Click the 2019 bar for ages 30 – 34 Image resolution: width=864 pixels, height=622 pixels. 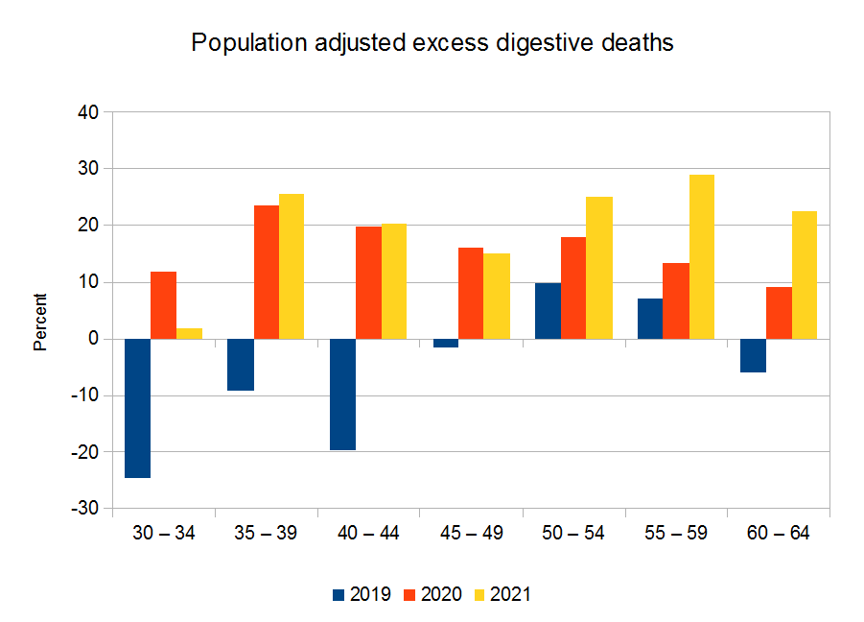pyautogui.click(x=137, y=408)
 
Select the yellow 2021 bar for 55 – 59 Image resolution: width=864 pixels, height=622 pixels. pyautogui.click(x=702, y=256)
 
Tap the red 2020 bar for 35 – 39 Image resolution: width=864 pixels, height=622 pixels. pyautogui.click(x=266, y=272)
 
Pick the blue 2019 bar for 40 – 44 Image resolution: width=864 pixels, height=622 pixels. pyautogui.click(x=342, y=395)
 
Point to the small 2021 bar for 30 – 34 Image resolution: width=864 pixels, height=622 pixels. pyautogui.click(x=189, y=333)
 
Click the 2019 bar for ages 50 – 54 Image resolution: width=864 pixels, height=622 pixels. pyautogui.click(x=548, y=311)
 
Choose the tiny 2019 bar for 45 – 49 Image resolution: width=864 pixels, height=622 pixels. pyautogui.click(x=445, y=343)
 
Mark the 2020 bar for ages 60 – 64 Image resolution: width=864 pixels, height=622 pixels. pyautogui.click(x=779, y=313)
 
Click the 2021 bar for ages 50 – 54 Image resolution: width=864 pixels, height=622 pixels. pyautogui.click(x=599, y=268)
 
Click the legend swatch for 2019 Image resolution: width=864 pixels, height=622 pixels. pyautogui.click(x=337, y=594)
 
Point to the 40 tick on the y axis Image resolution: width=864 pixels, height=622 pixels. pyautogui.click(x=88, y=112)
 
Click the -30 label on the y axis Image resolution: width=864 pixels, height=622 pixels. pyautogui.click(x=85, y=509)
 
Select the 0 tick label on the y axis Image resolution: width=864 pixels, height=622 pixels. pyautogui.click(x=94, y=339)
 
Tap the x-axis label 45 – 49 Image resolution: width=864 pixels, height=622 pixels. pyautogui.click(x=471, y=534)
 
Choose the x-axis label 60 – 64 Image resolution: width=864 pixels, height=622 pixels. pyautogui.click(x=779, y=534)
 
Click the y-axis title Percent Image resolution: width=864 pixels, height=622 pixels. pyautogui.click(x=40, y=322)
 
